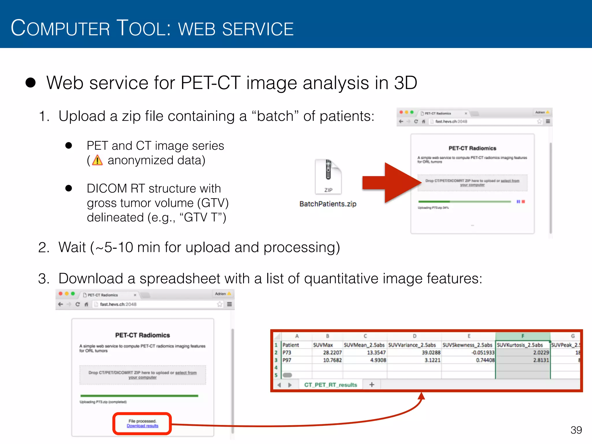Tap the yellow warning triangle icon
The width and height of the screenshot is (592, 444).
coord(97,160)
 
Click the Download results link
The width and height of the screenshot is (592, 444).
coord(143,426)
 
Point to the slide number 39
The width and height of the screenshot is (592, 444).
coord(576,430)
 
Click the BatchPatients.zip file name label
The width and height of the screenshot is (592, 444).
coord(328,204)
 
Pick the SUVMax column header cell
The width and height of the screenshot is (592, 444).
coord(323,345)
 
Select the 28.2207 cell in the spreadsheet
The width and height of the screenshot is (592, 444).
coord(332,353)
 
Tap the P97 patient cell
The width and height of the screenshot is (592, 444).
coord(287,360)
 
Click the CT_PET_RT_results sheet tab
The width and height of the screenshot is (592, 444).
coord(330,385)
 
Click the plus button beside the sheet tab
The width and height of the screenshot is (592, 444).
coord(372,385)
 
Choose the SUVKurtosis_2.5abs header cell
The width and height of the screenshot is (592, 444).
coord(520,345)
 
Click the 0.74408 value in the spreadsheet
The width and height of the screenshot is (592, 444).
coord(485,360)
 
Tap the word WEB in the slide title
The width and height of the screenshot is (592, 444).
coord(197,29)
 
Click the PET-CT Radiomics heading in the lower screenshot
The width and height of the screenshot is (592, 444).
coord(143,335)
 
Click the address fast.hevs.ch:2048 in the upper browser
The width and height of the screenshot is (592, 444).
coord(451,122)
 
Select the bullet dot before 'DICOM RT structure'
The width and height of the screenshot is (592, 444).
coord(69,188)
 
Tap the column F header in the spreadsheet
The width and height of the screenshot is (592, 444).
coord(523,336)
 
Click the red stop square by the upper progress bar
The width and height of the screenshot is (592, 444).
coord(523,201)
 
